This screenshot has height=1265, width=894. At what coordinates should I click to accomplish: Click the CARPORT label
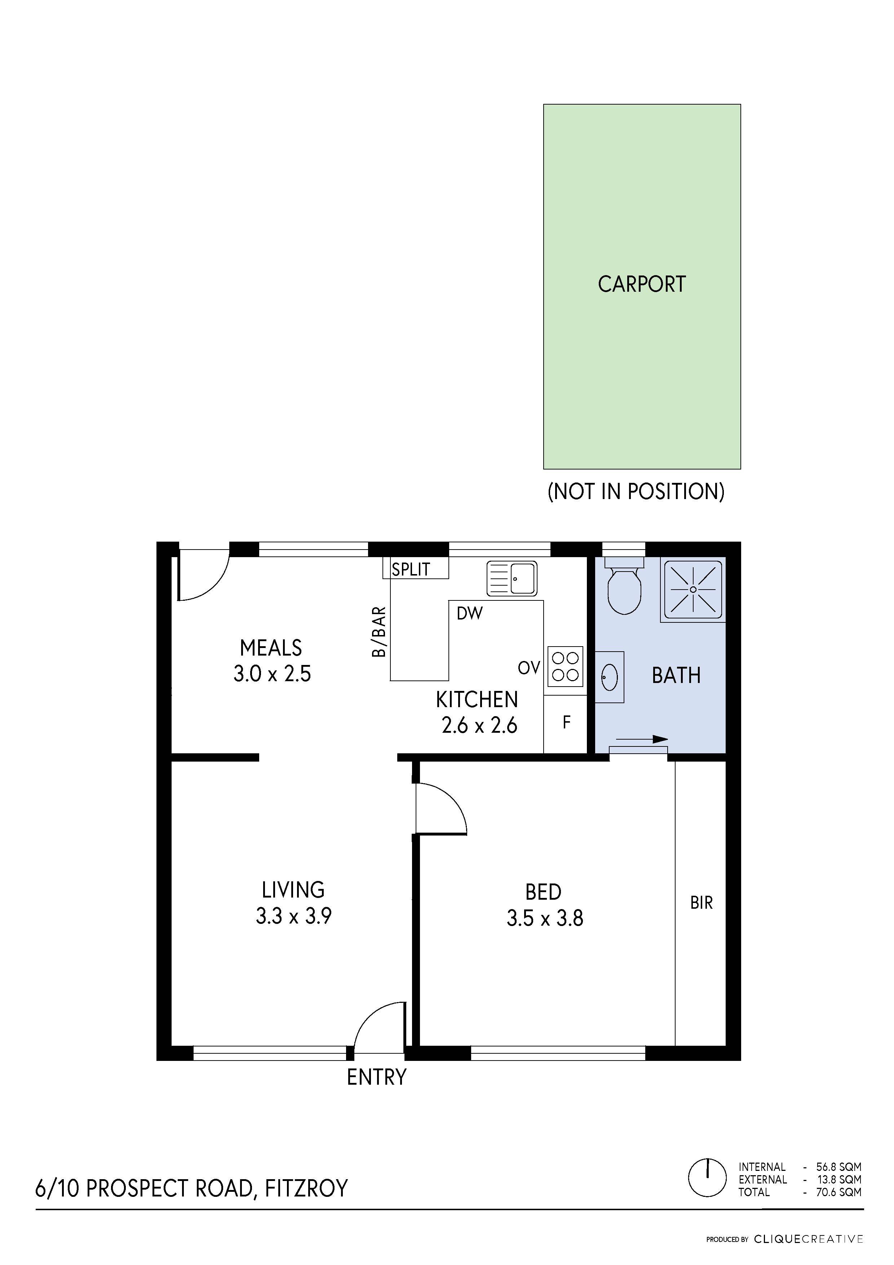tap(642, 284)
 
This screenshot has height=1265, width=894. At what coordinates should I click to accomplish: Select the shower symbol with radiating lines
tap(693, 590)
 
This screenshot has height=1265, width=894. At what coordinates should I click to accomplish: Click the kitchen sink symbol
tap(512, 578)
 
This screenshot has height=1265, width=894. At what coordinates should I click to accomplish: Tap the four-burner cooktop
tap(565, 666)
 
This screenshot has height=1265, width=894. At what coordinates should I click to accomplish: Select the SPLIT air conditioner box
tap(415, 569)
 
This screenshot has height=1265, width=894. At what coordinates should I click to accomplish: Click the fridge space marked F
tap(566, 722)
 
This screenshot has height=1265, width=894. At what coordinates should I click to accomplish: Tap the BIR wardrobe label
tap(701, 903)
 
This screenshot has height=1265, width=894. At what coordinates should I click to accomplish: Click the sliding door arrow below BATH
tap(642, 739)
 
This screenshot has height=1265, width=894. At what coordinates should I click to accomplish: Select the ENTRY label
tap(376, 1076)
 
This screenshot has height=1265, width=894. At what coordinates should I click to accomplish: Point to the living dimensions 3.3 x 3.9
tap(293, 916)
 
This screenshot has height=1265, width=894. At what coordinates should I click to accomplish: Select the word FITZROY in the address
tap(306, 1189)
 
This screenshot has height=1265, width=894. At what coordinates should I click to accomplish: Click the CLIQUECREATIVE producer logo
tap(808, 1239)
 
